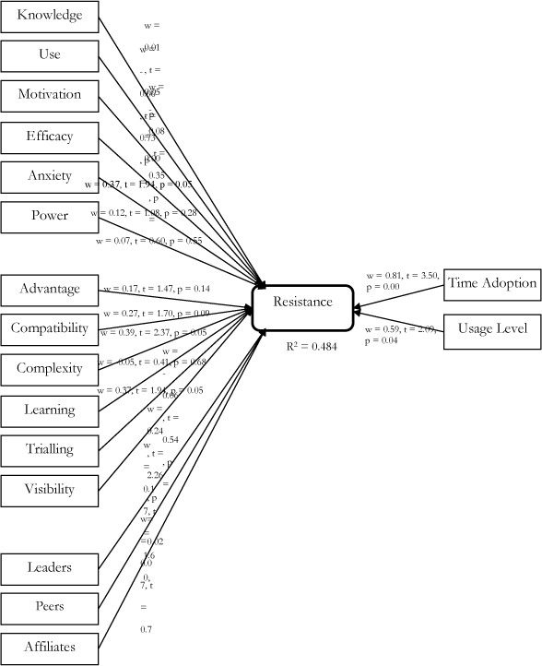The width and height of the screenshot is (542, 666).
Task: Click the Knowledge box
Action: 49,16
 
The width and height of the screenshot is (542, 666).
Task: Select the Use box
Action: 49,55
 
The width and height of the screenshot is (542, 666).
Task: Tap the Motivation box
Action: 49,95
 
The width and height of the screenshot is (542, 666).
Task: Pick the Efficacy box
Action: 49,137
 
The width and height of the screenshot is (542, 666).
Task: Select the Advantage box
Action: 49,290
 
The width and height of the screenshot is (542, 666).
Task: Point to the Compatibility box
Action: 49,328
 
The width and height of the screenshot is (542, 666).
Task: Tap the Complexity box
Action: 49,369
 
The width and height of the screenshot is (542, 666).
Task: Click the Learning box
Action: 49,410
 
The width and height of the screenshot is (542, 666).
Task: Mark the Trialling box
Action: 49,450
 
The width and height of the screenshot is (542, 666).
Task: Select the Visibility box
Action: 49,490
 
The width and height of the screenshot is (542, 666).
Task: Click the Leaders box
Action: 49,567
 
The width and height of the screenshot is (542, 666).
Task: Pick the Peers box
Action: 49,607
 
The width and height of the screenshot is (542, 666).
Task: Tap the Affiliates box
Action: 49,647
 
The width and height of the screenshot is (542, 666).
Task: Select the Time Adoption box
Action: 491,283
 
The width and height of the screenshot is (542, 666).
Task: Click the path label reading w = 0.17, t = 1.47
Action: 157,289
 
